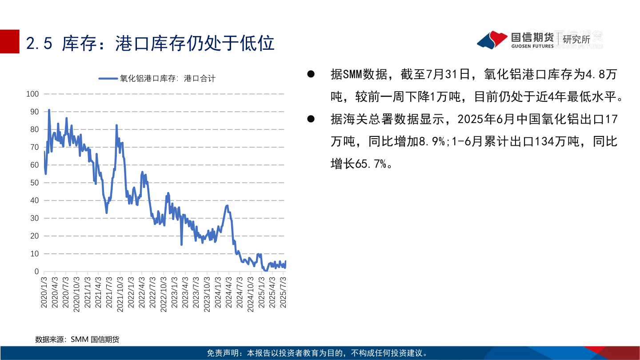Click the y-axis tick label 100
click(x=33, y=94)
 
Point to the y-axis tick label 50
click(x=35, y=183)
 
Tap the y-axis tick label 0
click(x=37, y=272)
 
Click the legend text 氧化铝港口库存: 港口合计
click(x=168, y=79)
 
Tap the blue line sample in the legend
click(x=108, y=79)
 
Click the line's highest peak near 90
click(x=49, y=110)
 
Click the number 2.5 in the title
click(x=40, y=43)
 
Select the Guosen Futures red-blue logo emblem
click(x=492, y=40)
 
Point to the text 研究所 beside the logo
click(x=576, y=39)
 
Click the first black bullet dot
click(x=311, y=74)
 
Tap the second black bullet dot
click(x=311, y=119)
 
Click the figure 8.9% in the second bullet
click(x=429, y=141)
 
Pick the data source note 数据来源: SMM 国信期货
click(x=77, y=340)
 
